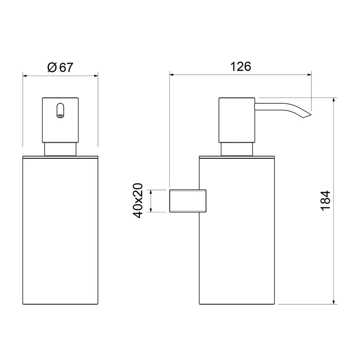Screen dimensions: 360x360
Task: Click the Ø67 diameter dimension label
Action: tap(60, 67)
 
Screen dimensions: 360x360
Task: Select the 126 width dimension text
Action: tap(241, 67)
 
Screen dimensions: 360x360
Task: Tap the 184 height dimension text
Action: tap(325, 200)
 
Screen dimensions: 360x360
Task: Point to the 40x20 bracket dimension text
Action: tap(138, 200)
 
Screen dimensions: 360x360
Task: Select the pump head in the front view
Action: tap(60, 120)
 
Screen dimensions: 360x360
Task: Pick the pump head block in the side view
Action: tap(237, 120)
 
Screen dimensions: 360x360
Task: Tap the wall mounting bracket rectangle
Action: tap(188, 201)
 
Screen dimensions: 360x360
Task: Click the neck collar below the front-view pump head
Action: tap(60, 149)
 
